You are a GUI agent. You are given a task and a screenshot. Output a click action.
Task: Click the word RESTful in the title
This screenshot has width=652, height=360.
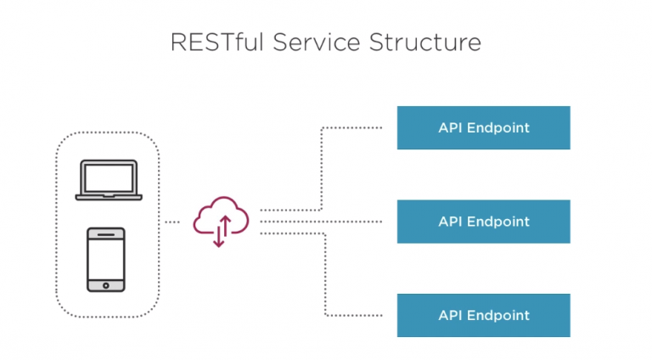tap(217, 42)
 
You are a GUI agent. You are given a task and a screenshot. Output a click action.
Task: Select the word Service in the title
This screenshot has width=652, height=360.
tap(317, 42)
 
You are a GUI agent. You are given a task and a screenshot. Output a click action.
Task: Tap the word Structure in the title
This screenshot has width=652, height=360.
tap(425, 42)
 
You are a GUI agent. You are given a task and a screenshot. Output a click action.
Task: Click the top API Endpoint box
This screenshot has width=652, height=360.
tap(484, 127)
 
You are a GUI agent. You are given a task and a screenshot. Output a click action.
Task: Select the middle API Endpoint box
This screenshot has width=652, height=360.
tap(484, 222)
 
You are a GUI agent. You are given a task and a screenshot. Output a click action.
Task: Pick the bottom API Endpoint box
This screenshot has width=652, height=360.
tap(484, 316)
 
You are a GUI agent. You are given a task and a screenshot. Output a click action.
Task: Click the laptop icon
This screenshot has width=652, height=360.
tap(109, 180)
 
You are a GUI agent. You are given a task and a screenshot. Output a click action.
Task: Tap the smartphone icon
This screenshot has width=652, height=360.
tap(106, 260)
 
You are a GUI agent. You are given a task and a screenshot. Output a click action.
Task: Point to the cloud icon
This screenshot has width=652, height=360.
tap(221, 216)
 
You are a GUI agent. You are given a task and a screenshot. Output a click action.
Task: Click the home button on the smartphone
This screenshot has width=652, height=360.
tap(106, 285)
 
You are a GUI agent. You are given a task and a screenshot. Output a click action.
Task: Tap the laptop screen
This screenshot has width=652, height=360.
tap(109, 177)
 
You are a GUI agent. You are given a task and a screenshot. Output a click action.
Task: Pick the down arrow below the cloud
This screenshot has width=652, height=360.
tap(219, 235)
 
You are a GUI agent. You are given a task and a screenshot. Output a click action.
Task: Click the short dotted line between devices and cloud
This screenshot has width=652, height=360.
tap(172, 222)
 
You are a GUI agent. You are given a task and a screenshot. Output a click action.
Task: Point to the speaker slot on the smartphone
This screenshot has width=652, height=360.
tap(106, 234)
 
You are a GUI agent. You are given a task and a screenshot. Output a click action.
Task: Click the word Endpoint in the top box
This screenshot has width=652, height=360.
tap(498, 127)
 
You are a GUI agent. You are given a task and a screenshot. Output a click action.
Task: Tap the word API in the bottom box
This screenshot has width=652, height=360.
tap(450, 315)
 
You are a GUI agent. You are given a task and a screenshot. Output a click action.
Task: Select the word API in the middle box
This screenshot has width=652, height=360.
tap(450, 221)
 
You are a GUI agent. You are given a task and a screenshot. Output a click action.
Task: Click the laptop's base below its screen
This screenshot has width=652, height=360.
tap(109, 197)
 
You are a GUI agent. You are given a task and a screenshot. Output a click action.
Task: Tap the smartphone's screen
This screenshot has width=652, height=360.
tap(106, 260)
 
